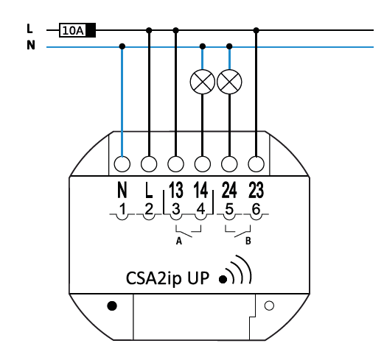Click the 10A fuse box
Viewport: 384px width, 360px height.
click(x=77, y=30)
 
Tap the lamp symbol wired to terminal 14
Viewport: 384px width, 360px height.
click(x=203, y=82)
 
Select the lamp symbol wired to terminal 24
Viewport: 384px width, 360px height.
click(x=229, y=82)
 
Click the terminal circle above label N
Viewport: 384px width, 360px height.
click(x=122, y=163)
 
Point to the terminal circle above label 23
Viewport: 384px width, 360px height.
click(x=256, y=163)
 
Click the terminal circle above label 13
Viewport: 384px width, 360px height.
click(x=175, y=163)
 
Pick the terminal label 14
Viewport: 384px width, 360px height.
click(x=201, y=190)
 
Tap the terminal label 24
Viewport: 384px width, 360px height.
click(x=229, y=190)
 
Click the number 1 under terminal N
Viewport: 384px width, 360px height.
click(x=122, y=210)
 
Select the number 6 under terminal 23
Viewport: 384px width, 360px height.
click(x=256, y=210)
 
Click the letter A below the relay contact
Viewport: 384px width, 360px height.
click(x=179, y=241)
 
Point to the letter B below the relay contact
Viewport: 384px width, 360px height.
click(x=248, y=241)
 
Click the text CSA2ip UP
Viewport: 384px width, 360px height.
click(x=167, y=278)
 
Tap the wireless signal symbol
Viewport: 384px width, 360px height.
click(x=235, y=270)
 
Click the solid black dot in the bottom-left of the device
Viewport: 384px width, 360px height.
click(x=112, y=306)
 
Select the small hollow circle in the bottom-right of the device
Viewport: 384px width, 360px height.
click(x=269, y=306)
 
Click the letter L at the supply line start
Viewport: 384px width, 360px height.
click(x=29, y=29)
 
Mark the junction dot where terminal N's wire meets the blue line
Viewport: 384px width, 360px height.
click(x=122, y=46)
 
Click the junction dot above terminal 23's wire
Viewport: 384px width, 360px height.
click(x=256, y=30)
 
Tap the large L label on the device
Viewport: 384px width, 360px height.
click(x=149, y=190)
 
